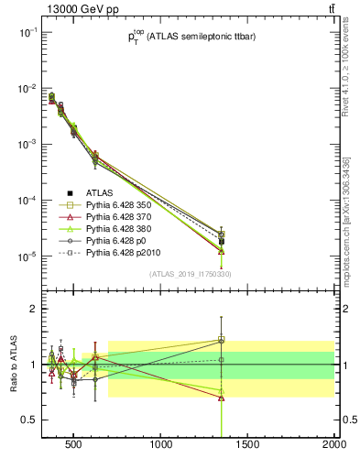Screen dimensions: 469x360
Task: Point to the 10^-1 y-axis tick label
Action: pos(27,32)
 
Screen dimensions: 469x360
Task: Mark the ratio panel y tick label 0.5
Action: pos(28,420)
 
